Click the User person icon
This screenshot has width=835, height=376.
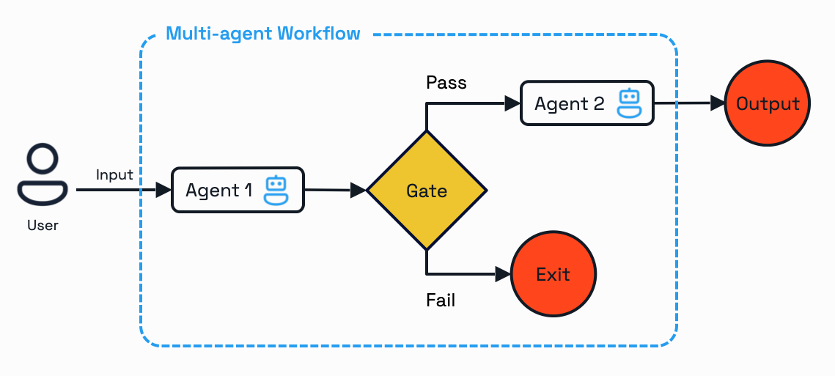pyautogui.click(x=43, y=174)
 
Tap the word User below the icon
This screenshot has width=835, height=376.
pyautogui.click(x=43, y=226)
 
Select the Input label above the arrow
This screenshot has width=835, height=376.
pyautogui.click(x=114, y=174)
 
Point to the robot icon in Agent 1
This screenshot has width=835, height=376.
pyautogui.click(x=276, y=190)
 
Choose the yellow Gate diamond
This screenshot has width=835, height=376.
pyautogui.click(x=426, y=191)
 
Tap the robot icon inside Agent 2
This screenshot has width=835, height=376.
pyautogui.click(x=629, y=103)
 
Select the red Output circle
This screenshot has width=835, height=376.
pyautogui.click(x=768, y=103)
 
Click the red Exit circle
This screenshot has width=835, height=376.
pyautogui.click(x=553, y=274)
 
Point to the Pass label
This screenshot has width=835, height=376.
pyautogui.click(x=446, y=82)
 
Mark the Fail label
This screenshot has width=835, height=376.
pyautogui.click(x=441, y=300)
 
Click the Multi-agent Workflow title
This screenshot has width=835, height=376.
pyautogui.click(x=263, y=34)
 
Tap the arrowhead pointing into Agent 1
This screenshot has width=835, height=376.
pyautogui.click(x=163, y=190)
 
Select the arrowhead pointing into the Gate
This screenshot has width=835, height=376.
pyautogui.click(x=358, y=191)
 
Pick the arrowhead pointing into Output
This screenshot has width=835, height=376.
pyautogui.click(x=717, y=103)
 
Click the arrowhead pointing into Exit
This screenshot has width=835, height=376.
pyautogui.click(x=503, y=274)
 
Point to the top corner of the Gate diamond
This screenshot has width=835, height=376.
pyautogui.click(x=426, y=133)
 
